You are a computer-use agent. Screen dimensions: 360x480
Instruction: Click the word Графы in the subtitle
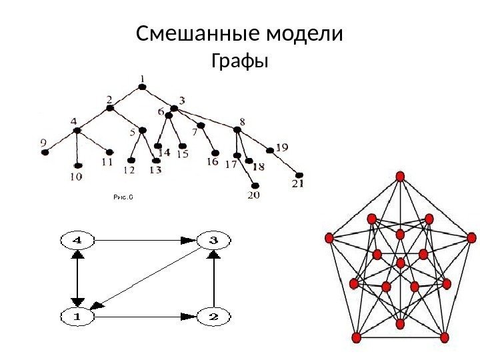(x=239, y=63)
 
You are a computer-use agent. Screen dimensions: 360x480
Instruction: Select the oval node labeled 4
(x=78, y=239)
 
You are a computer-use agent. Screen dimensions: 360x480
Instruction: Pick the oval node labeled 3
(x=213, y=239)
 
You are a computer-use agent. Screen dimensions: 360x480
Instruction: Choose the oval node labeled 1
(x=78, y=317)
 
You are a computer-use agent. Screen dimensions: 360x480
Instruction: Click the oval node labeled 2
(x=213, y=317)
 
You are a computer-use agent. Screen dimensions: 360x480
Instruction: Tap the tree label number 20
(x=254, y=195)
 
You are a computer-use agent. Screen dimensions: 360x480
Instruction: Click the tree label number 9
(x=43, y=142)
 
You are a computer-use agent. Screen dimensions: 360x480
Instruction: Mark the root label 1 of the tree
(x=141, y=79)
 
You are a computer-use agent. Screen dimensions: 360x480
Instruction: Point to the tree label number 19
(x=282, y=147)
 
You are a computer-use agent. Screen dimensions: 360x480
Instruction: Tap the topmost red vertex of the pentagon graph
(x=401, y=176)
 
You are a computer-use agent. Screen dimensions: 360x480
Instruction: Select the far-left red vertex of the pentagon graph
(x=328, y=238)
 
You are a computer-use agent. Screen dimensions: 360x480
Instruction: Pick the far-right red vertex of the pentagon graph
(x=472, y=237)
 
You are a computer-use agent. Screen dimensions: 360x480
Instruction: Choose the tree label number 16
(x=212, y=161)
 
